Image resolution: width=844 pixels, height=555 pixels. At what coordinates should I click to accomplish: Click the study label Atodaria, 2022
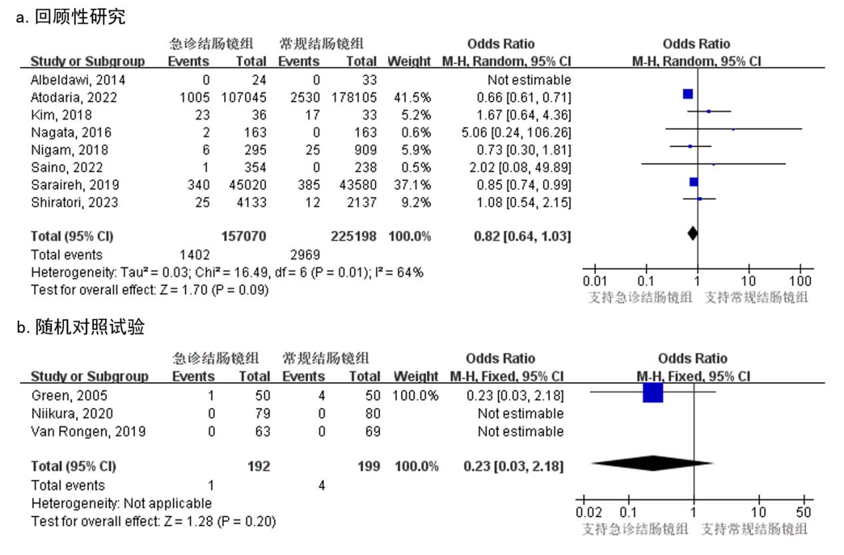(x=74, y=97)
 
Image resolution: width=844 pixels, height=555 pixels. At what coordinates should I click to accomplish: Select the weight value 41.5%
(x=412, y=97)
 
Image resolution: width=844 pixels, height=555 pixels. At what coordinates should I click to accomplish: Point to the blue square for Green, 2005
(x=653, y=393)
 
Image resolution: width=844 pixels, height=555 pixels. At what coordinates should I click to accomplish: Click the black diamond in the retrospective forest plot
(x=692, y=234)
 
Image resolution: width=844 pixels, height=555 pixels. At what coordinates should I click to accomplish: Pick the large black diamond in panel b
(x=652, y=463)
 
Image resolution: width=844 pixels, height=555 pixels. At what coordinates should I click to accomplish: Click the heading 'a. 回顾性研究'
(x=70, y=17)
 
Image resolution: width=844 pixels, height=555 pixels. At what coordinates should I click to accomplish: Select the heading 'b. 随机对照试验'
(x=80, y=327)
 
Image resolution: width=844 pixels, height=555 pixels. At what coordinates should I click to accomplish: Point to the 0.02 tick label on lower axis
(x=589, y=512)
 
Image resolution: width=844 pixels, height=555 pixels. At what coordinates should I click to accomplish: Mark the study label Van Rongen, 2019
(x=88, y=431)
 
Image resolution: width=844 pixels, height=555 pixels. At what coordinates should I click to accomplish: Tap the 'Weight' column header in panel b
(x=416, y=377)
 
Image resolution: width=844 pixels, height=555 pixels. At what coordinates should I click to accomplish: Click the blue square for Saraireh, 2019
(x=694, y=182)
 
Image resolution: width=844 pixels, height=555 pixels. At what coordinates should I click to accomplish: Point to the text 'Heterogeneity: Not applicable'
(x=121, y=503)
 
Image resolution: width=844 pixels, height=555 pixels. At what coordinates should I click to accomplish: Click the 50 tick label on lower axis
(x=804, y=512)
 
